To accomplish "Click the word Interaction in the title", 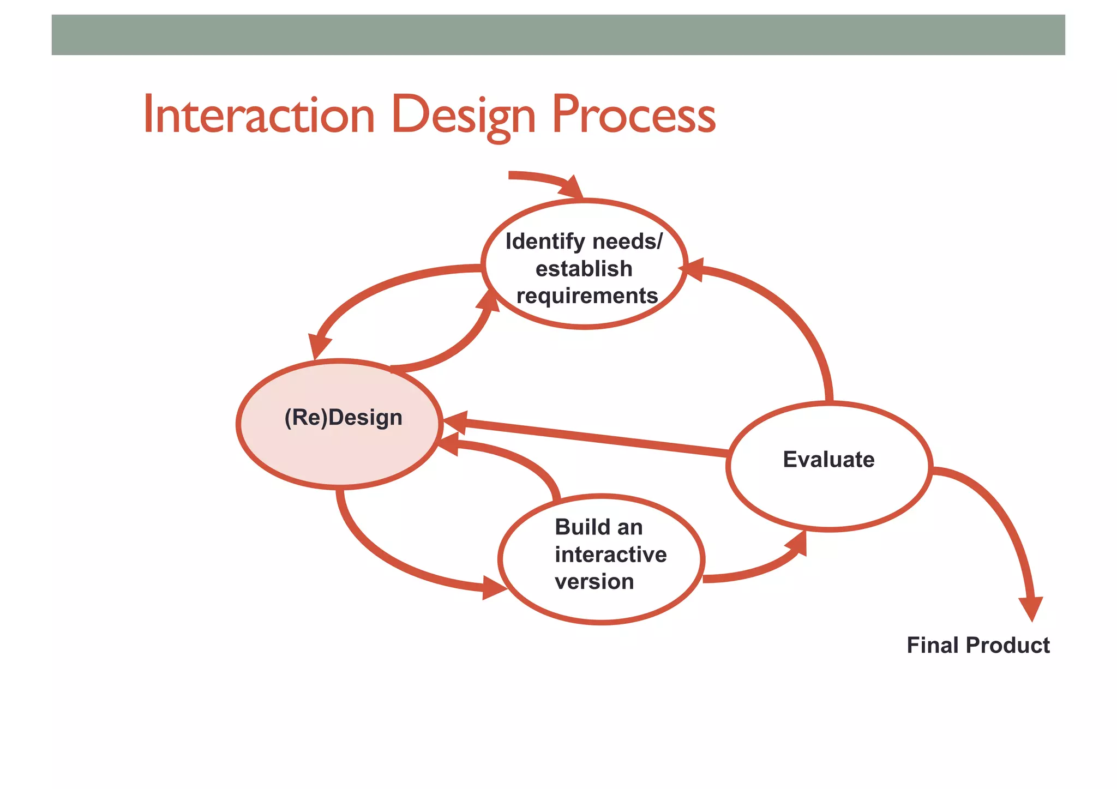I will pos(259,115).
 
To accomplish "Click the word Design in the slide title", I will pos(463,115).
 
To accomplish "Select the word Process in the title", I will pos(633,115).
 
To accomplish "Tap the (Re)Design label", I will pos(344,418).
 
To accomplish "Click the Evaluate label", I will pos(828,460).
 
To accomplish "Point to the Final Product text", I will pos(978,646).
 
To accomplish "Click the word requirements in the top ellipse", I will pos(587,296).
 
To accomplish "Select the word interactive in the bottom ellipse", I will pos(611,555).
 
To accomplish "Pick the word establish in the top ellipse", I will pos(584,269).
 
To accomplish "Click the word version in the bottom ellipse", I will pos(594,582).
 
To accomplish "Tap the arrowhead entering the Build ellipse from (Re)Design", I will pos(493,588).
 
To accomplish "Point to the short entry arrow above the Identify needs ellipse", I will pos(545,179).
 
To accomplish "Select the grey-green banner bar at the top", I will pos(558,35).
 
